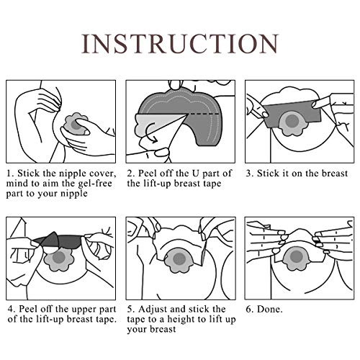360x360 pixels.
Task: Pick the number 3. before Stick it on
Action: point(251,174)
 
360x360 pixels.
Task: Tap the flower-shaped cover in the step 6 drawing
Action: point(294,258)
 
